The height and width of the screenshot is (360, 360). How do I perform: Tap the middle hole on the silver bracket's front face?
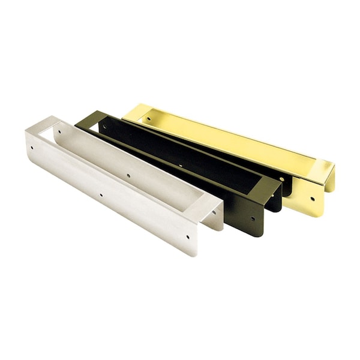point(101,195)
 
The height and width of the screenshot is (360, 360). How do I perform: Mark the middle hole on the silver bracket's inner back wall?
point(128,176)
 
